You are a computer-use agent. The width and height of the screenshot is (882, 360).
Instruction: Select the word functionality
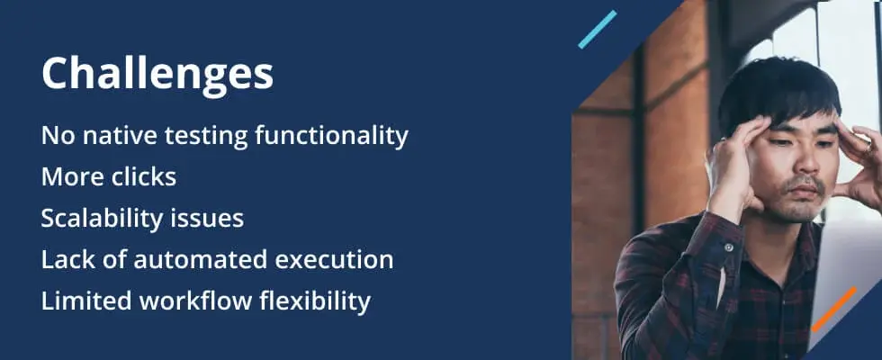click(331, 137)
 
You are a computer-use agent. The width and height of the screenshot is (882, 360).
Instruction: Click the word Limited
click(86, 301)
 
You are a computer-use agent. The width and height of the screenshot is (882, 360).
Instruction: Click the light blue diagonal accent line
click(598, 29)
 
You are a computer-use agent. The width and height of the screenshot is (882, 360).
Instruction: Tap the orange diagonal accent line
click(834, 310)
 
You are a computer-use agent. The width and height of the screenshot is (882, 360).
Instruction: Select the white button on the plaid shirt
click(728, 247)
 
